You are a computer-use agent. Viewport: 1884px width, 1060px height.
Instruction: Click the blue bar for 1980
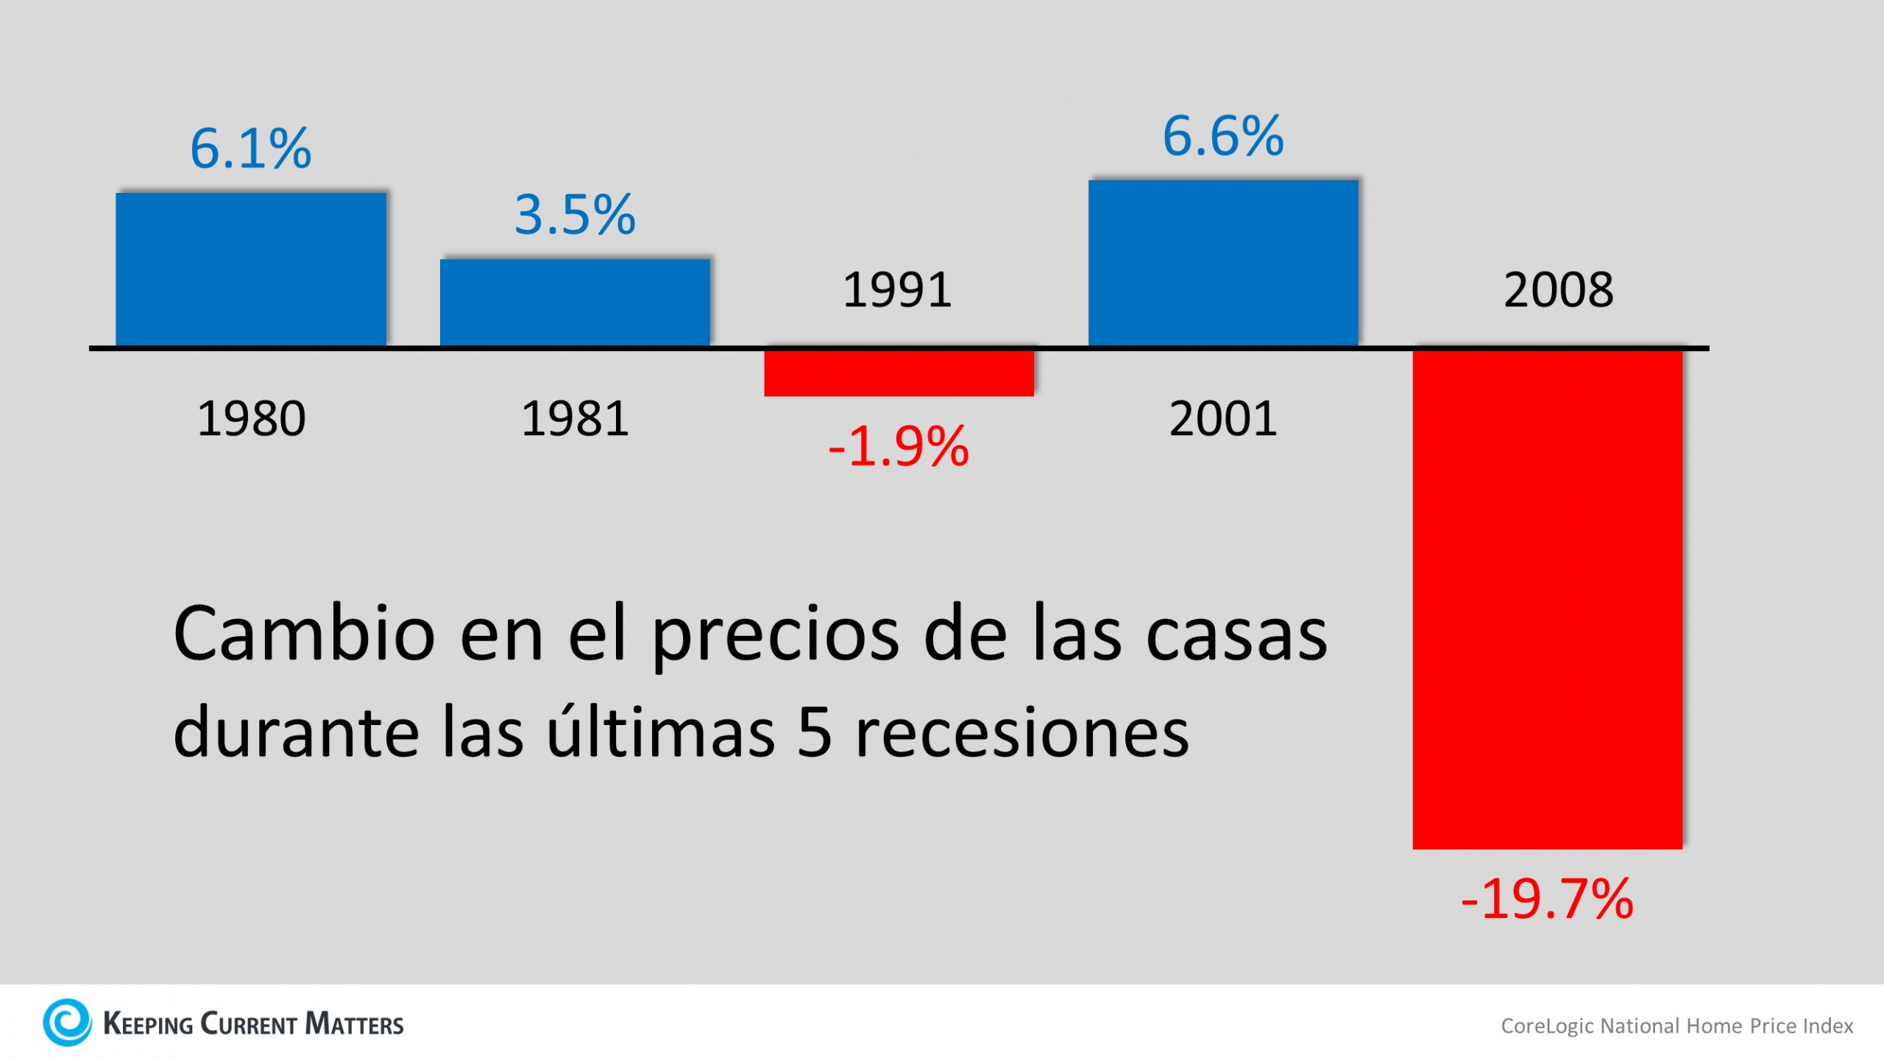coord(251,269)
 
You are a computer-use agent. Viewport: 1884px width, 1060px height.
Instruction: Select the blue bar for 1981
coord(575,302)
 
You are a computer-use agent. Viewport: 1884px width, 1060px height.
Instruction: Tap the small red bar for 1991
coord(899,373)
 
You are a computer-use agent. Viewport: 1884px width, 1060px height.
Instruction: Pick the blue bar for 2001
coord(1223,263)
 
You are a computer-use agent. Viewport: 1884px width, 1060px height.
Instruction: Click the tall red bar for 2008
coord(1547,599)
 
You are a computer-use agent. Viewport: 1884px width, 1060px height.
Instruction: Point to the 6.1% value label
coord(251,149)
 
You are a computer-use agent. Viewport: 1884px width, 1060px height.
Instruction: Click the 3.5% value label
coord(575,215)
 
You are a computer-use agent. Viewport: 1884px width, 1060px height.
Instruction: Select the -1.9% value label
coord(899,447)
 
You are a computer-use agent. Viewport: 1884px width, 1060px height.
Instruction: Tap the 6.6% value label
coord(1223,137)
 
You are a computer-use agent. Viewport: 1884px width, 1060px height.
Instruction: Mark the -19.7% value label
coord(1547,900)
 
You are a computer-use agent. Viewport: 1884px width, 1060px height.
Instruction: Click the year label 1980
coord(251,419)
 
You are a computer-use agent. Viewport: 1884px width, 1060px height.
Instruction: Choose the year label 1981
coord(575,419)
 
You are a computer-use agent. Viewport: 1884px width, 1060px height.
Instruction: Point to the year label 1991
coord(897,290)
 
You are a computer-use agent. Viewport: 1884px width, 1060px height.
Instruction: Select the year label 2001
coord(1223,419)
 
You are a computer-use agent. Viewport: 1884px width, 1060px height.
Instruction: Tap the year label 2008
coord(1559,290)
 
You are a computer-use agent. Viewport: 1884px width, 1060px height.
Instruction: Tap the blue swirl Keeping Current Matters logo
coord(67,1022)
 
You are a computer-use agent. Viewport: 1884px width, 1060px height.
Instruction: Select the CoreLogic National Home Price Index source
coord(1676,1026)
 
